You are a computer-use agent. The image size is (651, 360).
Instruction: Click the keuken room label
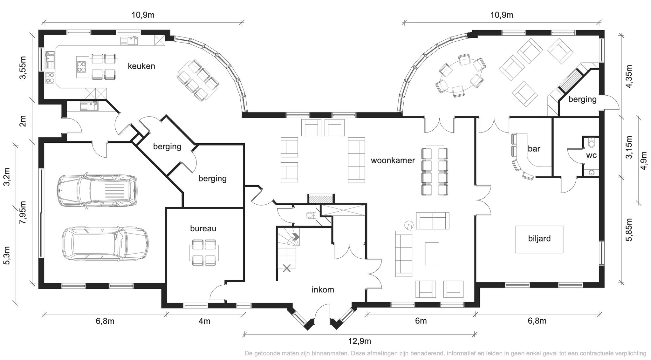pyautogui.click(x=141, y=66)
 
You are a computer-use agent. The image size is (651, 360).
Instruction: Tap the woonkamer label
pyautogui.click(x=393, y=160)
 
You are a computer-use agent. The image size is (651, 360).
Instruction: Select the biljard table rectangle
pyautogui.click(x=539, y=239)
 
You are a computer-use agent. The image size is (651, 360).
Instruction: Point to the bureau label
pyautogui.click(x=203, y=228)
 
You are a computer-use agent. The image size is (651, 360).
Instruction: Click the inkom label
pyautogui.click(x=323, y=290)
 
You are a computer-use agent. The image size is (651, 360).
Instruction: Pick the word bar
pyautogui.click(x=534, y=149)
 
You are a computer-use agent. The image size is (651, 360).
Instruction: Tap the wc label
pyautogui.click(x=591, y=156)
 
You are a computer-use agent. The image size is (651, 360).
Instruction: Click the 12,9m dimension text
pyautogui.click(x=360, y=342)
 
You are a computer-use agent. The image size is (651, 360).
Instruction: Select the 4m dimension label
pyautogui.click(x=204, y=321)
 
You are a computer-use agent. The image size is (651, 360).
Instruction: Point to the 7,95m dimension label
pyautogui.click(x=23, y=213)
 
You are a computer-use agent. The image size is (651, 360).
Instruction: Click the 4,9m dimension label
pyautogui.click(x=644, y=160)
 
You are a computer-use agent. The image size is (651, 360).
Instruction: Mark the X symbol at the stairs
pyautogui.click(x=287, y=268)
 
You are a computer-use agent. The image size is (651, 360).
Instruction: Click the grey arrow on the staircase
pyautogui.click(x=296, y=237)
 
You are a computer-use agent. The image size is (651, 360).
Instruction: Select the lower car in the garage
pyautogui.click(x=105, y=243)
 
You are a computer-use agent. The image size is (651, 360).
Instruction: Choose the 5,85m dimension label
pyautogui.click(x=629, y=230)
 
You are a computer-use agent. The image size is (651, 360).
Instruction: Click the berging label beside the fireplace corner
pyautogui.click(x=582, y=99)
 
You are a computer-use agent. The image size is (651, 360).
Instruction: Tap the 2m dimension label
pyautogui.click(x=23, y=121)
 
